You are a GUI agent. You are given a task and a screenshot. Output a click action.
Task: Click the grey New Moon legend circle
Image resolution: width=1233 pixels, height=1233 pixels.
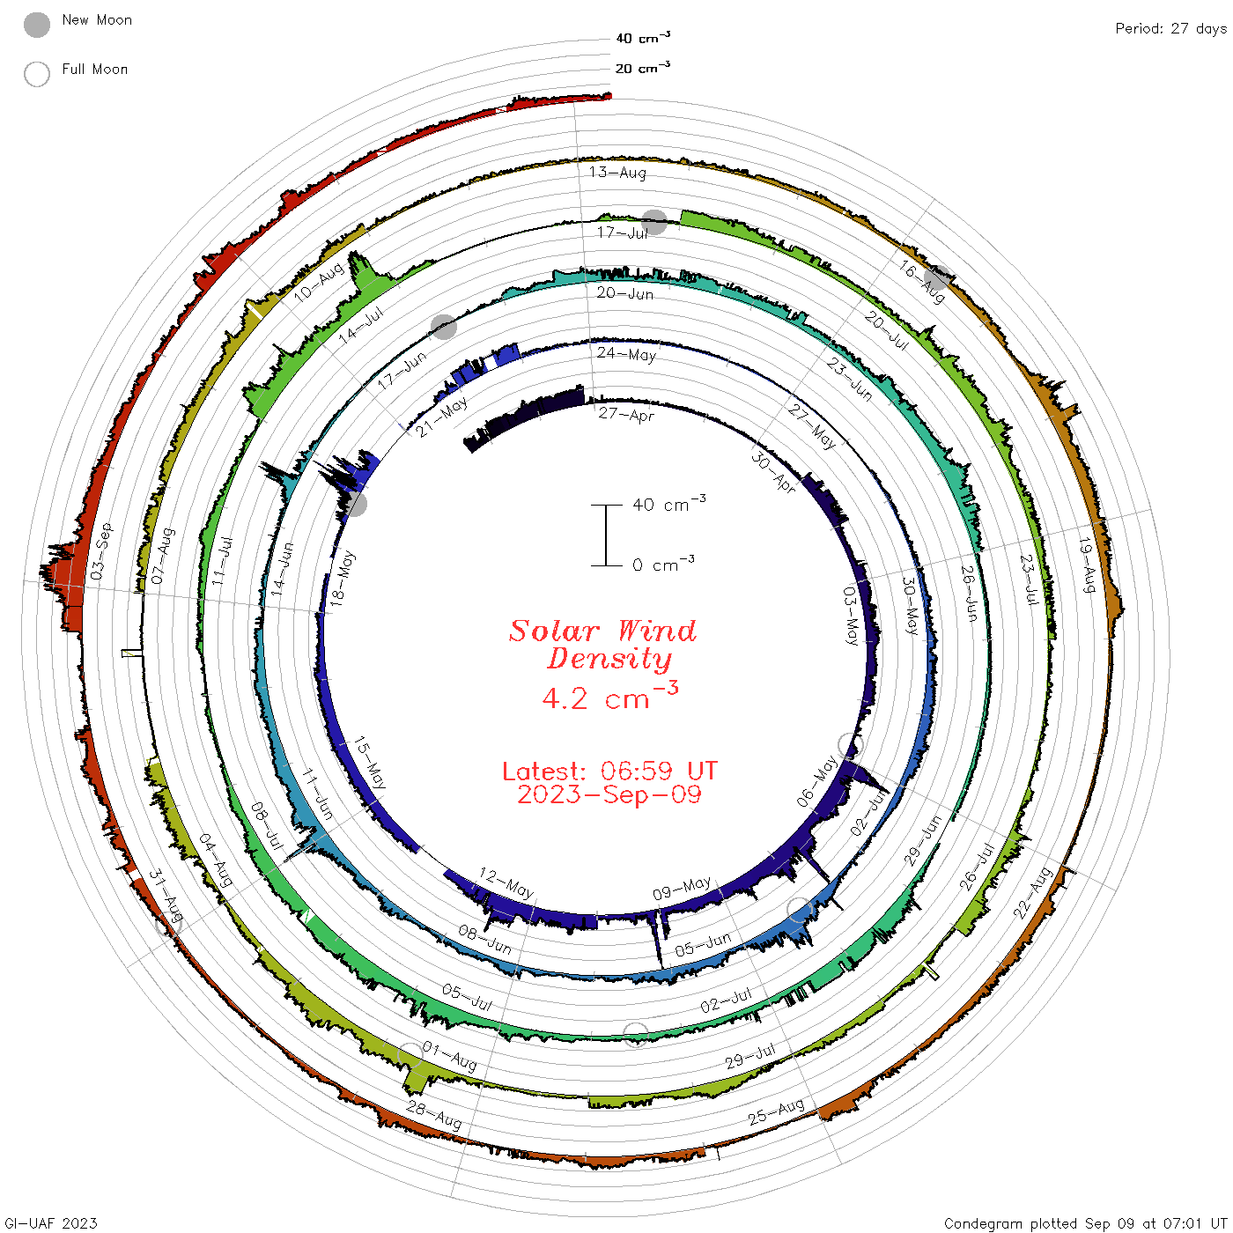[36, 25]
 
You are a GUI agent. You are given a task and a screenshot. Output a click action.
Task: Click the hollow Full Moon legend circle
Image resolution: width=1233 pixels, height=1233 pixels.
[36, 74]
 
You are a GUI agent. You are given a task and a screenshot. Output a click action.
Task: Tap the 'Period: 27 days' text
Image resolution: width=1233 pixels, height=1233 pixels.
[1170, 29]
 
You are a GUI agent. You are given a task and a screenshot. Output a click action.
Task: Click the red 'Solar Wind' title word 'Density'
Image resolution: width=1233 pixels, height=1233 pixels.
[609, 659]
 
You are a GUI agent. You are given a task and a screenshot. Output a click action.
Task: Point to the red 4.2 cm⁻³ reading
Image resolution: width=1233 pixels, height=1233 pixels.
[609, 697]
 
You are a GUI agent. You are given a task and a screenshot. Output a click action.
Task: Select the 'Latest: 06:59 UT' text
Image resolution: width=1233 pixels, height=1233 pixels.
[609, 771]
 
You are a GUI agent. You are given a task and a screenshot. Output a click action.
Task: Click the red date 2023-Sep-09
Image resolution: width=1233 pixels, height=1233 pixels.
[609, 794]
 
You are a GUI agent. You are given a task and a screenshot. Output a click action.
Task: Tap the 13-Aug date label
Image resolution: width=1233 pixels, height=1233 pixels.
[617, 172]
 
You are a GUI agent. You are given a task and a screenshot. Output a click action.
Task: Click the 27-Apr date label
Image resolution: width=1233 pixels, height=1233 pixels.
[626, 414]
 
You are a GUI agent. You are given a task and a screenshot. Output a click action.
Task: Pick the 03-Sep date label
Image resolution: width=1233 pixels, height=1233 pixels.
[101, 551]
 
